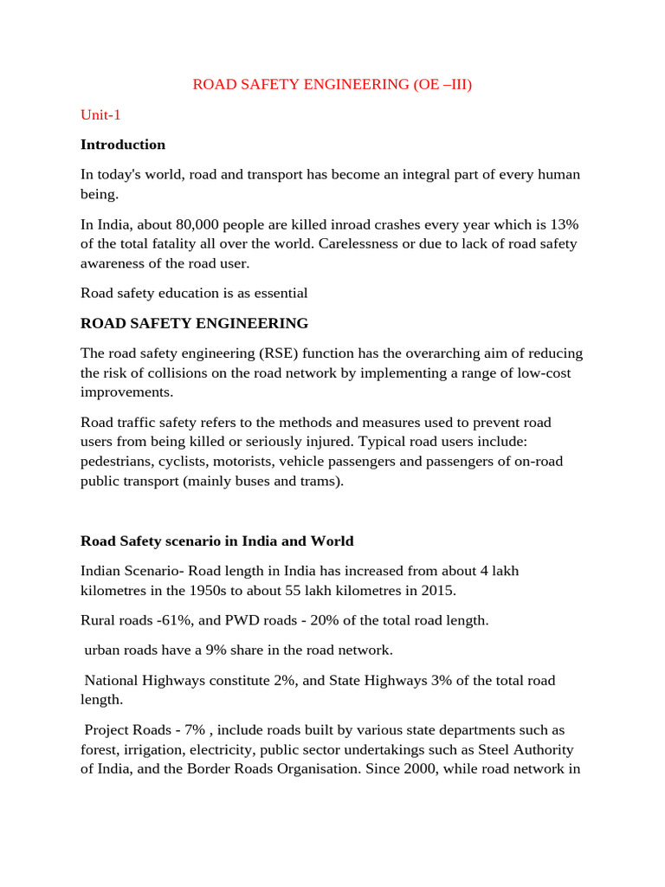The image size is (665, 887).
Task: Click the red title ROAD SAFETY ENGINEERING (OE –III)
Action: click(332, 85)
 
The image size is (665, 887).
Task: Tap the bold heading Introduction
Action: click(123, 145)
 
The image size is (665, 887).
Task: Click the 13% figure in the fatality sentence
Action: click(564, 225)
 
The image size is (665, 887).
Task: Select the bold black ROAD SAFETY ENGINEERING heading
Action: click(194, 324)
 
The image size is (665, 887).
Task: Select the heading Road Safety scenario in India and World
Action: click(217, 541)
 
